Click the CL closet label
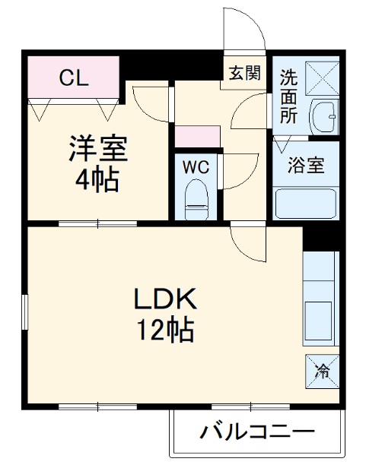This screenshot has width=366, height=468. (74, 77)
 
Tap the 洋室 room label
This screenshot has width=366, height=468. (97, 149)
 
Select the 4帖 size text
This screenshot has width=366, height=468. (96, 180)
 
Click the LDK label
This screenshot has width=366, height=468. (166, 299)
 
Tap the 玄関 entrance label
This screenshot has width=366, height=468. (246, 73)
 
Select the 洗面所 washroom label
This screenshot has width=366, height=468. (288, 96)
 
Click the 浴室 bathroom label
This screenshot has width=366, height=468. (307, 165)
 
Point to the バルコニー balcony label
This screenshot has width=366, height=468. (257, 433)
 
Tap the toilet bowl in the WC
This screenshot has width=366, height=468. (197, 197)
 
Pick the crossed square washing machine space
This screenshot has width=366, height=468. (320, 77)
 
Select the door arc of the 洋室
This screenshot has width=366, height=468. (149, 103)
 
